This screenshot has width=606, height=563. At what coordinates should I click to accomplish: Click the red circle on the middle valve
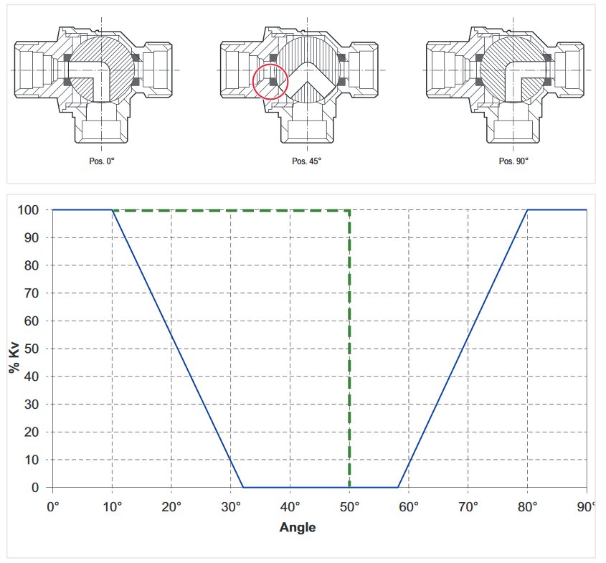coord(270,81)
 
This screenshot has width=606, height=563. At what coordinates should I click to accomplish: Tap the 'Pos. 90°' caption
coord(513,161)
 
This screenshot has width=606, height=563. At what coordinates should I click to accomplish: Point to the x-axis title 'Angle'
coord(298,527)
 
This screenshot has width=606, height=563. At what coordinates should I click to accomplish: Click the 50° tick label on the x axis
coord(350,507)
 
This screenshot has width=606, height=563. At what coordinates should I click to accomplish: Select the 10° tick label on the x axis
coord(113,507)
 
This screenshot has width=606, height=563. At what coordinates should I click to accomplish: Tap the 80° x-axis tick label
coord(528,507)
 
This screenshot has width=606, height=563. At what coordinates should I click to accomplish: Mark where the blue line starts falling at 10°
coord(112,210)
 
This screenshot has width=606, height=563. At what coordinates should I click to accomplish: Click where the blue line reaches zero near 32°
coord(242,488)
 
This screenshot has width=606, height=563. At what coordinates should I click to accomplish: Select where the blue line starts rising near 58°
coord(397,488)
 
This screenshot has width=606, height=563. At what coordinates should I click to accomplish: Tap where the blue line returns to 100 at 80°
coord(528,210)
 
